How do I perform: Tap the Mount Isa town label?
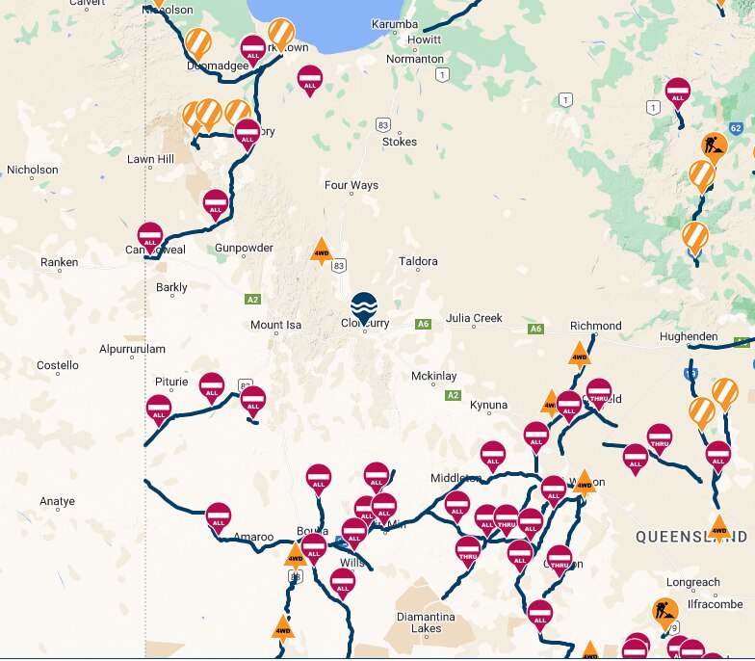click(275, 325)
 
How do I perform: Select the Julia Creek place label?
click(474, 318)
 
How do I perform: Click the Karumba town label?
click(395, 24)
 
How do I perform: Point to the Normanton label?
click(414, 59)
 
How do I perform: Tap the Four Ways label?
click(351, 185)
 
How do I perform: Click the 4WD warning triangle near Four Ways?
click(322, 252)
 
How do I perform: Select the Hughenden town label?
click(689, 336)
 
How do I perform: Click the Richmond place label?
click(596, 326)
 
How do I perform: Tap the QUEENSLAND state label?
click(691, 536)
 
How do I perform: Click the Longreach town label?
click(692, 582)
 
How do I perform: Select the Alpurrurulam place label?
click(132, 349)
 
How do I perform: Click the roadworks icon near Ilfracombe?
click(664, 611)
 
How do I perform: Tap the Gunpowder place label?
click(244, 248)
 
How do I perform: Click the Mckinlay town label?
click(434, 376)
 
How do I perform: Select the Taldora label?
click(418, 261)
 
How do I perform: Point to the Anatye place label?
click(57, 501)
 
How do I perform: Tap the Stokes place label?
click(400, 142)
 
